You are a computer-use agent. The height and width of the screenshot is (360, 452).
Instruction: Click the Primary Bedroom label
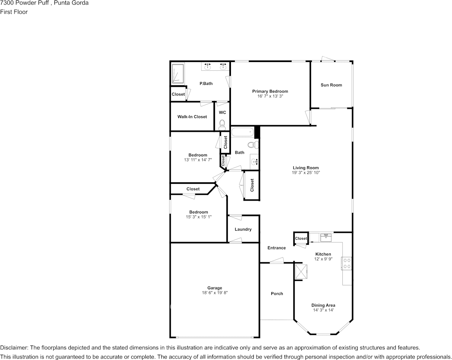point(270,91)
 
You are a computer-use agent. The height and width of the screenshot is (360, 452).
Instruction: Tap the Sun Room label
point(331,85)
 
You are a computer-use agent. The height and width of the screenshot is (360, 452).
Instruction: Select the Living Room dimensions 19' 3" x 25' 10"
point(306,173)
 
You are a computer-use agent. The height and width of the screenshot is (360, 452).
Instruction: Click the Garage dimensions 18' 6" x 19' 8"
point(215,293)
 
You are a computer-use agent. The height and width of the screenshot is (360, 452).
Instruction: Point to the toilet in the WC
point(222,125)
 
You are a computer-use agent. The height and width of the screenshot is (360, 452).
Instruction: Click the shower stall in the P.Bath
point(178,73)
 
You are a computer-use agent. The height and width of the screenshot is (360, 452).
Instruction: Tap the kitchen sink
point(326,237)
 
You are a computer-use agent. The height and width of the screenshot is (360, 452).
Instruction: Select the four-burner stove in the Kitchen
point(347,263)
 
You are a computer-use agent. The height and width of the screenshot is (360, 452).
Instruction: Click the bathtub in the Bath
point(243,132)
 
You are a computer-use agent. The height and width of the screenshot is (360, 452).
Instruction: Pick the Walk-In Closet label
point(192,117)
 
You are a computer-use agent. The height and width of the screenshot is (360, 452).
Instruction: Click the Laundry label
point(243,229)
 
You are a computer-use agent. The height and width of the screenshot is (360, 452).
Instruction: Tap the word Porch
point(277,294)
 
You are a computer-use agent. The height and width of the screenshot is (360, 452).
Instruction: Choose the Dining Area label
point(323,305)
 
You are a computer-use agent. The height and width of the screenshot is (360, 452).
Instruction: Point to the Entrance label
point(277,248)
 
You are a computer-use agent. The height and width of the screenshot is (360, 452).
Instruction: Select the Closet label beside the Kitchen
point(301,238)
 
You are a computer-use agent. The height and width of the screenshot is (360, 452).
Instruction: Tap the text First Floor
point(14,12)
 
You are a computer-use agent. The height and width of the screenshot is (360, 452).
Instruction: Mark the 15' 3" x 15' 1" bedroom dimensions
point(199,217)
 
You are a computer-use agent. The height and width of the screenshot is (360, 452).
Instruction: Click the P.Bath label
point(206,84)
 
